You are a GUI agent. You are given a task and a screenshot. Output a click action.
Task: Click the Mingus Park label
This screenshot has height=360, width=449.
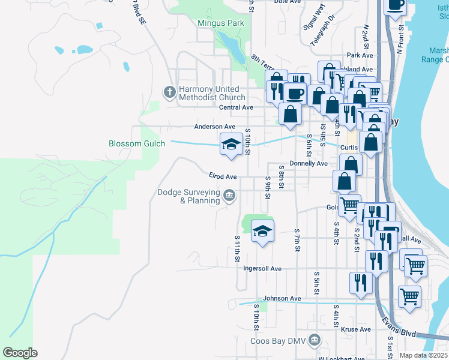(221, 23)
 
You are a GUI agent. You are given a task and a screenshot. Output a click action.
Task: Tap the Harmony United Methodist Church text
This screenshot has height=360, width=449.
(212, 93)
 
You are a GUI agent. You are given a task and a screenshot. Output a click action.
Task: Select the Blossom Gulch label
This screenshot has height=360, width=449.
(133, 144)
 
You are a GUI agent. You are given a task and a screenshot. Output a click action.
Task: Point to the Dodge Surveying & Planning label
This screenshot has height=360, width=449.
(188, 197)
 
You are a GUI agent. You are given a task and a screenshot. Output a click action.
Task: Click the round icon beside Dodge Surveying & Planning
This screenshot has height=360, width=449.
(229, 196)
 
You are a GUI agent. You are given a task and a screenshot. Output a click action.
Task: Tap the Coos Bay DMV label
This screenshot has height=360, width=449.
(277, 341)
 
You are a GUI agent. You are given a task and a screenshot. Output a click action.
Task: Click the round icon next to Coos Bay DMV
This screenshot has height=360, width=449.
(313, 341)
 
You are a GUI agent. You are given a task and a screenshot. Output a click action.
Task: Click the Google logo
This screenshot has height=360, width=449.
(20, 353)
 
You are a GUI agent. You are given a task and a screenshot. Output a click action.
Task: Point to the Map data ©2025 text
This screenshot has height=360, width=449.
(423, 355)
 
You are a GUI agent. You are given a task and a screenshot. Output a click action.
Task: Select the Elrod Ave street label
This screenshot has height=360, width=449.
(223, 176)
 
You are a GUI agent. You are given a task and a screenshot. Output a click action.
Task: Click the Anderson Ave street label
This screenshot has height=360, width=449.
(214, 127)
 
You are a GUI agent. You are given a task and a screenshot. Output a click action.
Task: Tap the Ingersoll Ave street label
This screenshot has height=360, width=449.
(262, 269)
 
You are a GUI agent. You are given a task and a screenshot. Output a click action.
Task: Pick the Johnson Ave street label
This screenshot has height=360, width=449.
(282, 298)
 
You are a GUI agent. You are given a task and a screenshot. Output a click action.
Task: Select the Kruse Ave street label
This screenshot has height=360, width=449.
(355, 329)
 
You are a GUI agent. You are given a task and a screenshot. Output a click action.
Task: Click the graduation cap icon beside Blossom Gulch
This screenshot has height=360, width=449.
(231, 144)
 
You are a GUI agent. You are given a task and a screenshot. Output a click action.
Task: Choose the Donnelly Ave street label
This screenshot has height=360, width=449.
(308, 163)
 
